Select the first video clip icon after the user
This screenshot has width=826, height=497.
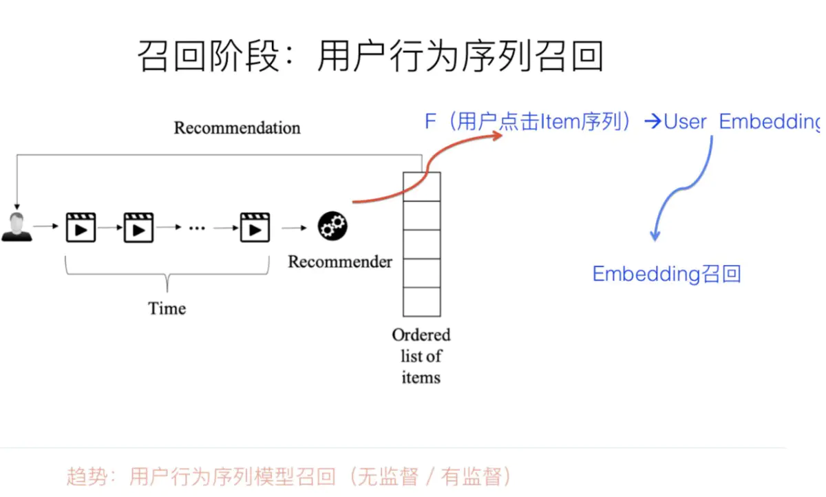(x=81, y=227)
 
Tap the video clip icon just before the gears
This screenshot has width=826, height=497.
(x=255, y=227)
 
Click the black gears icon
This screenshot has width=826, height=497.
(x=332, y=226)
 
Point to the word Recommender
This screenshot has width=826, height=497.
(x=340, y=262)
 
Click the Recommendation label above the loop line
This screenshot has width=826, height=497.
(x=237, y=128)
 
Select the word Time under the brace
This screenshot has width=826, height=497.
(x=167, y=308)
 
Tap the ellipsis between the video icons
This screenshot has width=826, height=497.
(x=197, y=228)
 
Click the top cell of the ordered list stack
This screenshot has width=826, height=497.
(x=421, y=187)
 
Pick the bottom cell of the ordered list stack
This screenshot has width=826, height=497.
(x=421, y=302)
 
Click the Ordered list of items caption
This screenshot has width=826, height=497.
(x=421, y=356)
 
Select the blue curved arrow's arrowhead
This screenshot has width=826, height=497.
(x=655, y=235)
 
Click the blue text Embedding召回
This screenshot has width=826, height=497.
(x=666, y=274)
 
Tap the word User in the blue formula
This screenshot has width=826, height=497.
(x=685, y=123)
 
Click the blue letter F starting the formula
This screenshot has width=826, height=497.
(x=431, y=123)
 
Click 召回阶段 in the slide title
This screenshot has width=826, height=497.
(x=206, y=56)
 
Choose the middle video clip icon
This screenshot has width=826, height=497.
(x=138, y=227)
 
